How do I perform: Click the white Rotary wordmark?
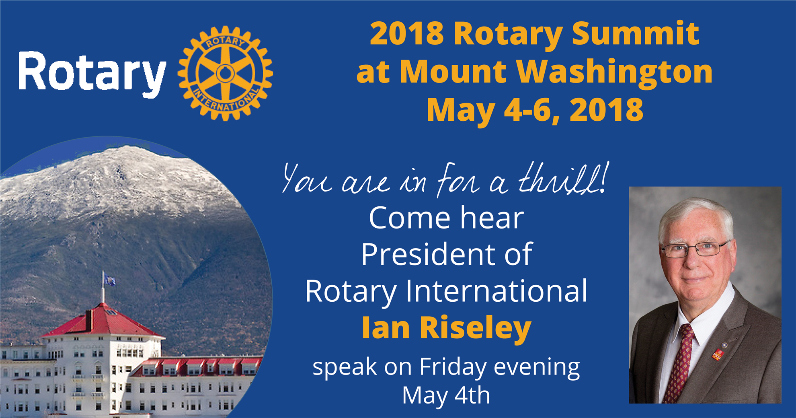coord(92,73)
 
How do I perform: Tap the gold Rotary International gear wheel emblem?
coord(226,73)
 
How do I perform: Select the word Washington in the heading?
coord(614,72)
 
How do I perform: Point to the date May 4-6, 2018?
coord(535,110)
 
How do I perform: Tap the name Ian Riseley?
coord(447,328)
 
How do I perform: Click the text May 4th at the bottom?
coord(446,395)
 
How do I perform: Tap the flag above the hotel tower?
coord(109,279)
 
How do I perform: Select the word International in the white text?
coord(496,291)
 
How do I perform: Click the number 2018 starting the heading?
coord(407,33)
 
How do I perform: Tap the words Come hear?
coord(446,218)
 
